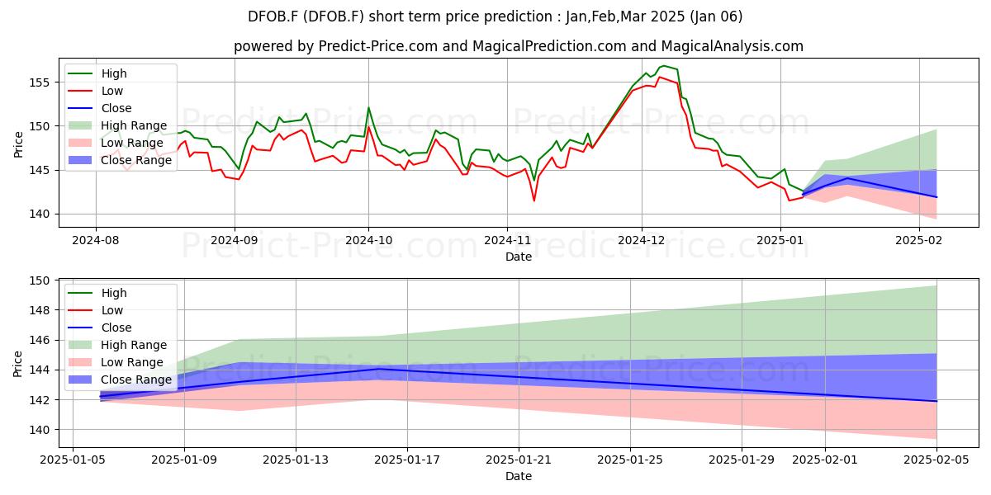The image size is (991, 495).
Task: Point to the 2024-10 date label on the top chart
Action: click(368, 240)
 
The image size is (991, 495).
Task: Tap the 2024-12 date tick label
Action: click(642, 240)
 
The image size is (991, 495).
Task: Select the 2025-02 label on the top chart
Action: click(919, 240)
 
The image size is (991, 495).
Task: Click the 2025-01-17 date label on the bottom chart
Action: click(407, 460)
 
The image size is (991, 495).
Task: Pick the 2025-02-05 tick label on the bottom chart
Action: click(936, 460)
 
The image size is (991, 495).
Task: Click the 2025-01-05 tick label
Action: click(73, 460)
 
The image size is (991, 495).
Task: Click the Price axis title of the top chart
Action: click(18, 144)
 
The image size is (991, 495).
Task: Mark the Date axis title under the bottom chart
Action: click(519, 476)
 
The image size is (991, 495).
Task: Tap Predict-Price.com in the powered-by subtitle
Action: click(378, 46)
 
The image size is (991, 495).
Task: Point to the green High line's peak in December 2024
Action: click(663, 66)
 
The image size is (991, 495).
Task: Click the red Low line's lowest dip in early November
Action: click(534, 201)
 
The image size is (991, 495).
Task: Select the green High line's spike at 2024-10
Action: click(368, 107)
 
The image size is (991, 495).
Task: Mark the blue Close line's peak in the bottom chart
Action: click(379, 369)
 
